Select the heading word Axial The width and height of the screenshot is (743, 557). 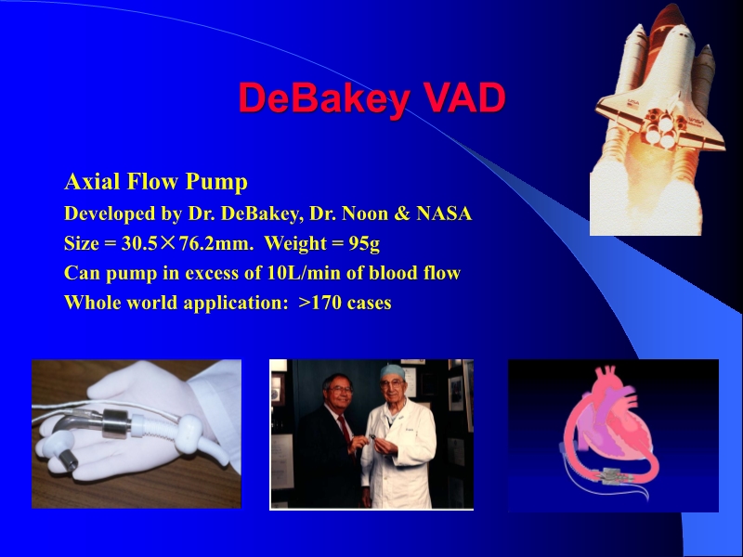click(91, 180)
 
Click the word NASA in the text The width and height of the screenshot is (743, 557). click(445, 214)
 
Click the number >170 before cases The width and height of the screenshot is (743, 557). click(320, 303)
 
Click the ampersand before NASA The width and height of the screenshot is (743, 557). click(402, 214)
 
